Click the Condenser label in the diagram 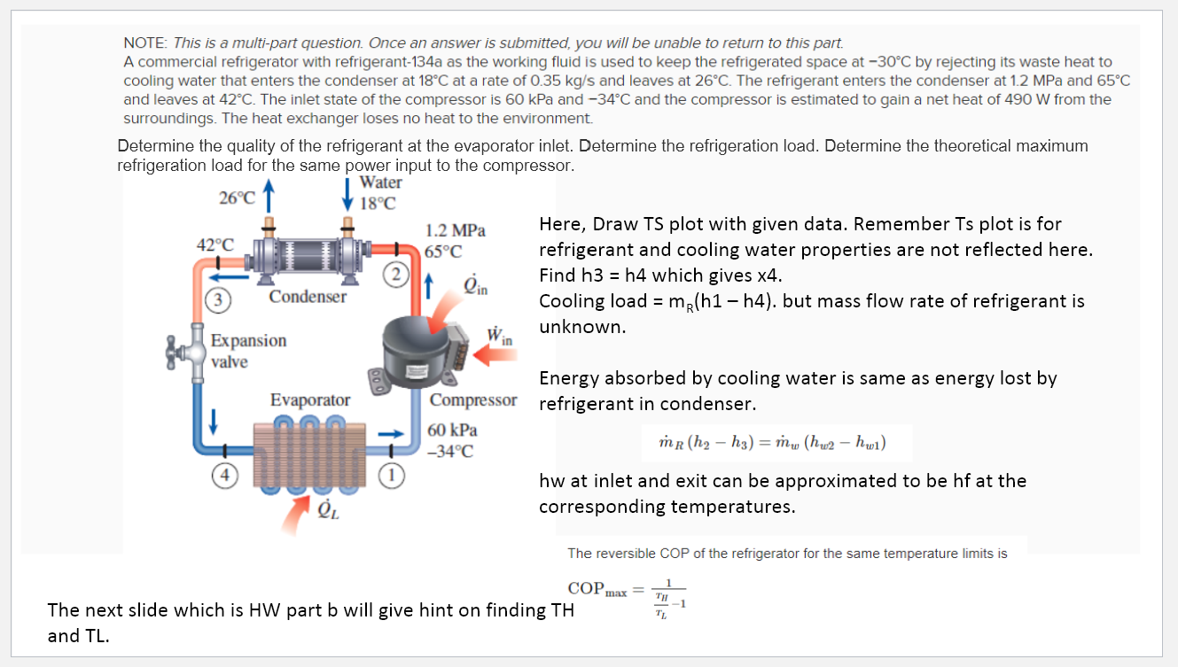click(x=308, y=297)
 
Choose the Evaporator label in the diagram click(x=310, y=400)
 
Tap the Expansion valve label click(x=248, y=351)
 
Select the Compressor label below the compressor click(x=472, y=399)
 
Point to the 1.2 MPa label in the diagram click(x=456, y=231)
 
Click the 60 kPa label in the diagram click(x=452, y=430)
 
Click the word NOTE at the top click(x=145, y=43)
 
